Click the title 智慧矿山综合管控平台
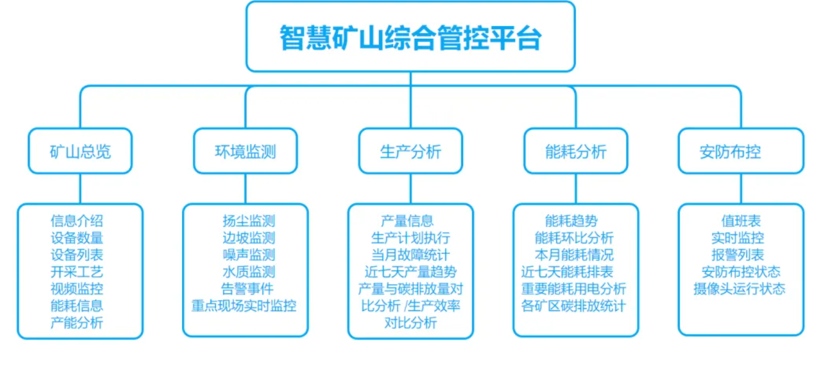click(x=410, y=38)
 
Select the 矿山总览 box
click(x=80, y=151)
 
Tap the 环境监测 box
click(x=245, y=151)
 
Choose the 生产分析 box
click(x=410, y=151)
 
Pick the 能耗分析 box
click(x=576, y=151)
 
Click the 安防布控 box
click(x=741, y=151)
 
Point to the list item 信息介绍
click(x=77, y=222)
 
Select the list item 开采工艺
click(x=77, y=272)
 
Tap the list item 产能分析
click(x=77, y=323)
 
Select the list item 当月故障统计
click(x=410, y=255)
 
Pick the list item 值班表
click(x=741, y=222)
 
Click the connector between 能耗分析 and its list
click(x=576, y=188)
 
